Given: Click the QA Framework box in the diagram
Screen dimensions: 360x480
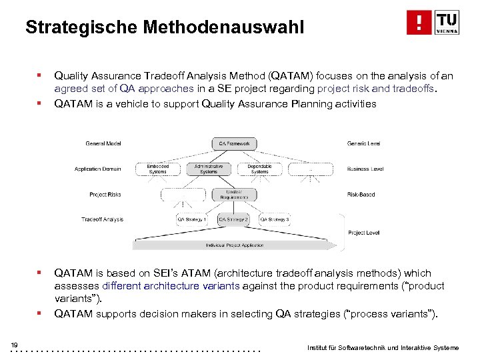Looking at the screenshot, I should coord(234,143).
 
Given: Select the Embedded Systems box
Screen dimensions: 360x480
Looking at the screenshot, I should coord(158,169).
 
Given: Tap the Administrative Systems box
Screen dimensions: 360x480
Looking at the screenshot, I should coord(209,169).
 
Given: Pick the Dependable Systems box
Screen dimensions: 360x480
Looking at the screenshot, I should coord(259,169).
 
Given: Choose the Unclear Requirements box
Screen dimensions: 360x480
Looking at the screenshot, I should coord(234,195).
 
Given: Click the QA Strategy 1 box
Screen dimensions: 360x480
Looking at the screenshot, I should coord(192,219).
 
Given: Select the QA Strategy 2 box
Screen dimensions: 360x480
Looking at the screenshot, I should coord(234,219).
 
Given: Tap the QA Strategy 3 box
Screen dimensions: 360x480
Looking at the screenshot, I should coord(274,219).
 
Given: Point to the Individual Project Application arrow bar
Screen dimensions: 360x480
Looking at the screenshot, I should coord(234,245).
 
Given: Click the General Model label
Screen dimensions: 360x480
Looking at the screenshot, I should coord(103,144).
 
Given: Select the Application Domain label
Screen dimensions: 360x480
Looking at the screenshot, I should coord(97,169).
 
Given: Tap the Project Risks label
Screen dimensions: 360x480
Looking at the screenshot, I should coord(106,195).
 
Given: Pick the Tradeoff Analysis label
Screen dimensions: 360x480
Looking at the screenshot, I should coord(102,219).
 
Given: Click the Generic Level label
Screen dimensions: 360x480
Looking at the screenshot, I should coord(364,144).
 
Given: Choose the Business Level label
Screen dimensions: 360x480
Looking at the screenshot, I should coord(365,169).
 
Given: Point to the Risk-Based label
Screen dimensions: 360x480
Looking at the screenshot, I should coord(361,195).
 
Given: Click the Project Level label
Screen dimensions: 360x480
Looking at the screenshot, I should coord(363,233).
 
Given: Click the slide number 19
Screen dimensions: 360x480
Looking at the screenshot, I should coord(14,344).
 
